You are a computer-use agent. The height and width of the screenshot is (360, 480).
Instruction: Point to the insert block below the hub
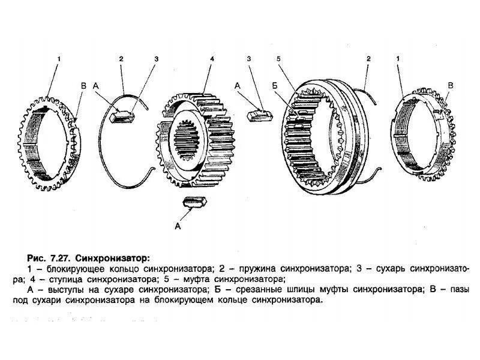tap(196, 202)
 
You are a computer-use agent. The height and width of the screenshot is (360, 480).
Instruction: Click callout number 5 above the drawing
tap(279, 59)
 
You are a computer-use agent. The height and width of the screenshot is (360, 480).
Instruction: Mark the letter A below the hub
tap(177, 226)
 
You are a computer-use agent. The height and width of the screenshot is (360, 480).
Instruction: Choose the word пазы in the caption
tap(458, 290)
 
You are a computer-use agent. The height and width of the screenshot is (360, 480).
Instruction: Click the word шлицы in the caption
tap(293, 290)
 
